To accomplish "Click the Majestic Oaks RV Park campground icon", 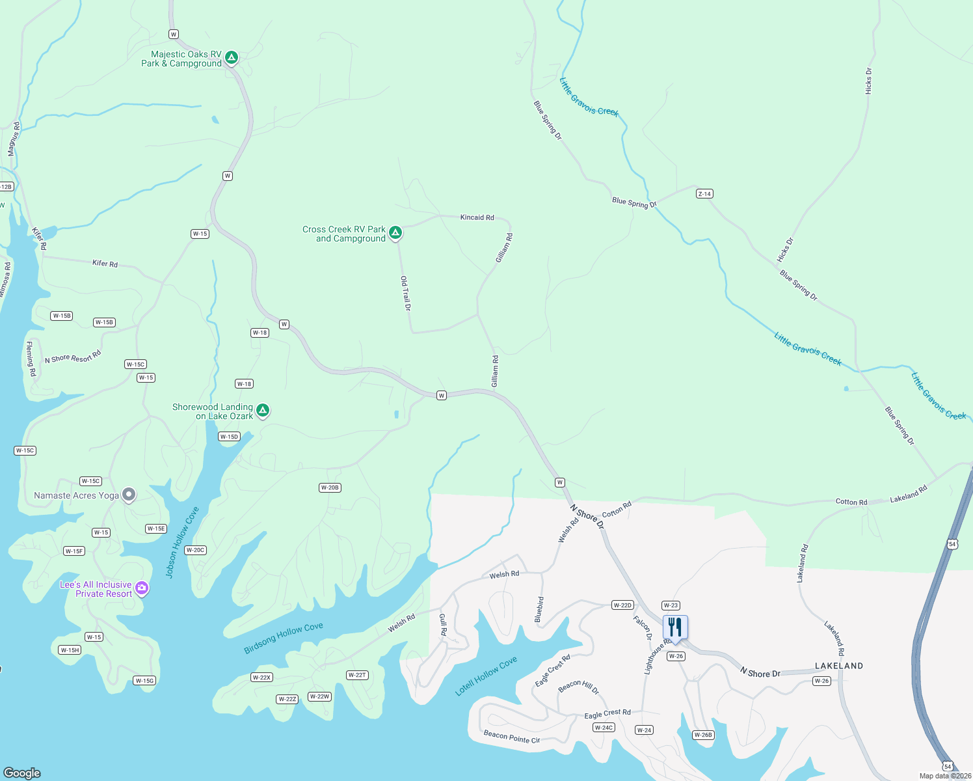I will coord(231,58).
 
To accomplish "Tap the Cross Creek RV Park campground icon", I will coord(395,233).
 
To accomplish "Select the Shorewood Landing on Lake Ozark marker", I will coord(263,410).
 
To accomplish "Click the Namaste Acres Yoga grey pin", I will coord(129,495).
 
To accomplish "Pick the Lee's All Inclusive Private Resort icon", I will coord(142,588).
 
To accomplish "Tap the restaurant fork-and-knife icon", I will coord(675,627).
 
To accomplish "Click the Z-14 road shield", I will coord(704,193).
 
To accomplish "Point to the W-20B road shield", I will coord(330,487).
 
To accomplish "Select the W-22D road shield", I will coord(622,605).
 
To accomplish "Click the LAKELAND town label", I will coord(839,666).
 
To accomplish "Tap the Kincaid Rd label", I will coord(477,217).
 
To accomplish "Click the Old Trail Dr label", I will coord(406,293).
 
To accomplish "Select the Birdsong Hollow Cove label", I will coord(283,638).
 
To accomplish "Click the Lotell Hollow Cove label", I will coord(486,676).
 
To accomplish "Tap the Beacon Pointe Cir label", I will coord(511,737).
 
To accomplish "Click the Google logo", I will coord(22,773).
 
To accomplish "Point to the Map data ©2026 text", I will coord(944,776).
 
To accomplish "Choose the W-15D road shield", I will coord(229,437).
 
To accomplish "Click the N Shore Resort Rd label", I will coord(73,357).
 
